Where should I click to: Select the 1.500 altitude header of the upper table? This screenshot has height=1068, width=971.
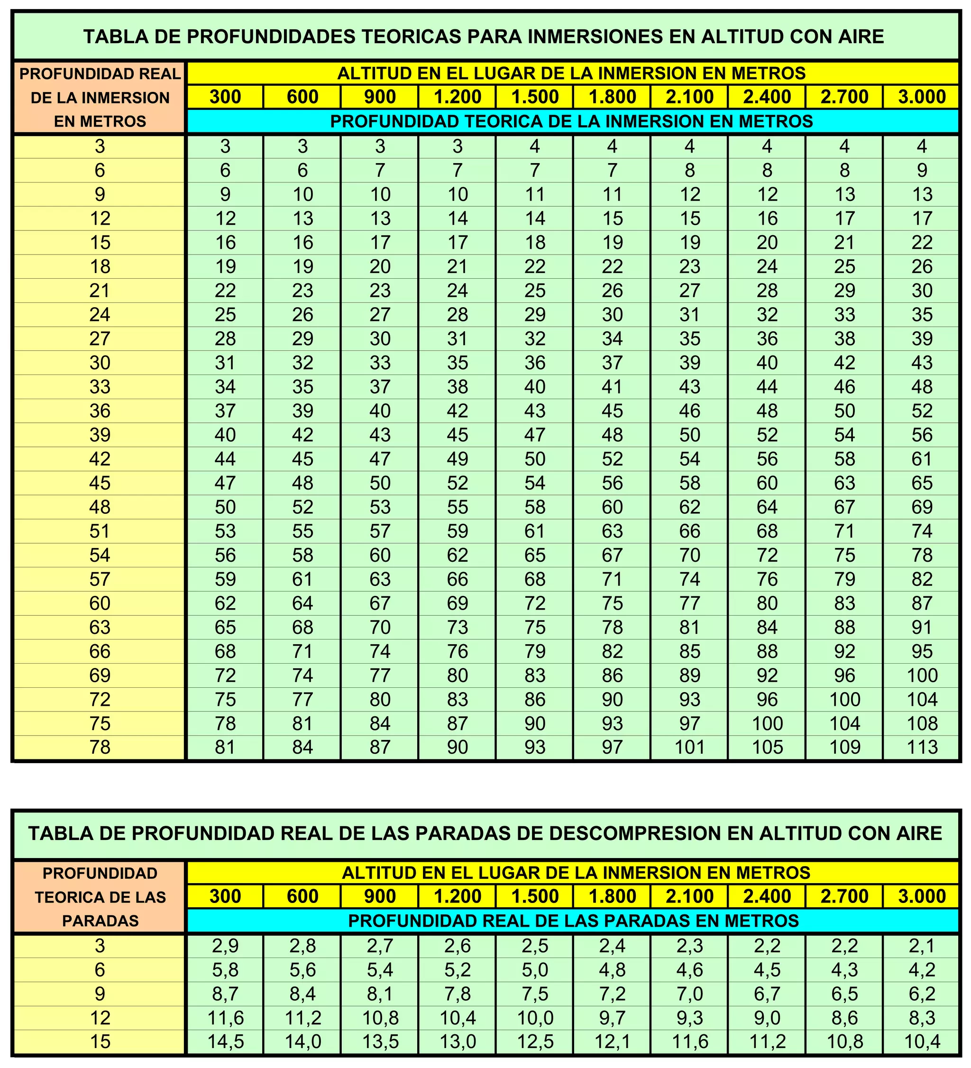click(534, 97)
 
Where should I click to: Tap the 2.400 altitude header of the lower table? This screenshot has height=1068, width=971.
click(767, 896)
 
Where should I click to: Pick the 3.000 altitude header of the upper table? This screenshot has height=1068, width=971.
click(922, 97)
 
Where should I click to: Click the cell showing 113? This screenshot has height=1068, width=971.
click(922, 747)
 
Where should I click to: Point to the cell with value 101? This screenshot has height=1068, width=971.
click(689, 747)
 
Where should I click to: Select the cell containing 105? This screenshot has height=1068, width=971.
click(767, 747)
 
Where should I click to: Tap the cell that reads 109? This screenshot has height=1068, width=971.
click(844, 747)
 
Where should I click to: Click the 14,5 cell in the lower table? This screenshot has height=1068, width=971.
click(225, 1041)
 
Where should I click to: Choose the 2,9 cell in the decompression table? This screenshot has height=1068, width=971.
click(225, 946)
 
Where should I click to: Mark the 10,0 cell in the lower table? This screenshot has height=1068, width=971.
click(534, 1018)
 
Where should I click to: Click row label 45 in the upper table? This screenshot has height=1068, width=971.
click(100, 483)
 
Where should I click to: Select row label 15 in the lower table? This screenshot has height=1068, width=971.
click(100, 1041)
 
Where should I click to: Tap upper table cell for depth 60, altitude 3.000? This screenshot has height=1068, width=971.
click(922, 603)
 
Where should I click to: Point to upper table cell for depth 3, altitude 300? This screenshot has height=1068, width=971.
click(225, 146)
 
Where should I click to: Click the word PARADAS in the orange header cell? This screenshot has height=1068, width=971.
click(100, 921)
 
